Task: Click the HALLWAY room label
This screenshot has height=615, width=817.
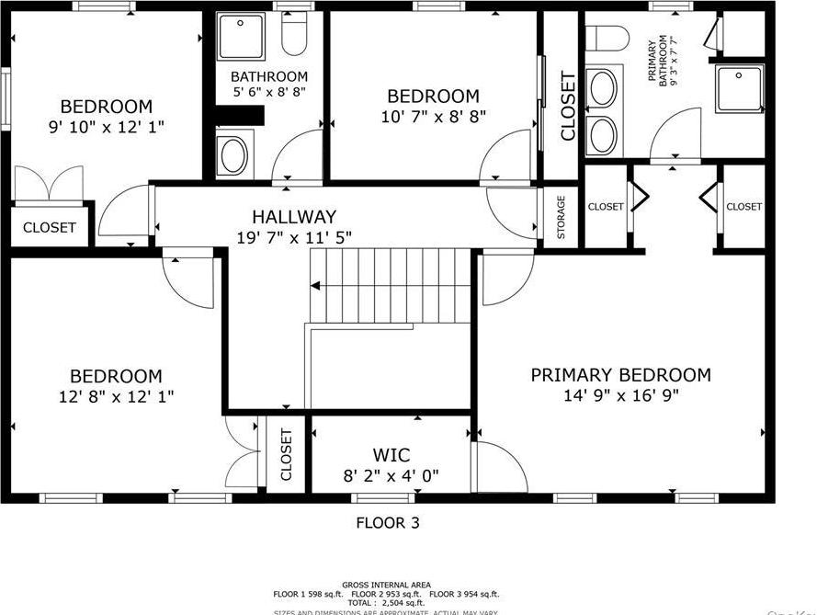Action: point(294,217)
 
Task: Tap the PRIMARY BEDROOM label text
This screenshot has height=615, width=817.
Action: point(620,375)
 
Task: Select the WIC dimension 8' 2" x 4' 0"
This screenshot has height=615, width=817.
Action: point(391,475)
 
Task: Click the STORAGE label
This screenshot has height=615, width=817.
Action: point(562,217)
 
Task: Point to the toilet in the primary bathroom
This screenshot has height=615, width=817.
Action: point(607,38)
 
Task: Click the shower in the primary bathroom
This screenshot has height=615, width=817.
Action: point(741,86)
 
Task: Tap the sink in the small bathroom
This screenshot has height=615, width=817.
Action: point(232,154)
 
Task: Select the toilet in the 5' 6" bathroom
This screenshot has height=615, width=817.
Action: point(294,35)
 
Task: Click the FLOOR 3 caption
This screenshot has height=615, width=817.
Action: point(392,523)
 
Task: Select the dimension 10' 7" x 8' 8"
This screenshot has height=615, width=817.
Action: point(433,116)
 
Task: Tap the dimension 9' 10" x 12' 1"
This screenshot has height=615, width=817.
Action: point(107,127)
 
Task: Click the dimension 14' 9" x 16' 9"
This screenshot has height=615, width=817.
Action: point(621,395)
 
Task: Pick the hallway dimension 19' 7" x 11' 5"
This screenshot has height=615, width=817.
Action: point(294,237)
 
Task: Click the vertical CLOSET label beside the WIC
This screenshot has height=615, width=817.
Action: point(286,454)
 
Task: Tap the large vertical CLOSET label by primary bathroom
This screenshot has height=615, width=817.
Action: point(567,106)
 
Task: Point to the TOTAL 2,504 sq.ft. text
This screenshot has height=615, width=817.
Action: point(385,602)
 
